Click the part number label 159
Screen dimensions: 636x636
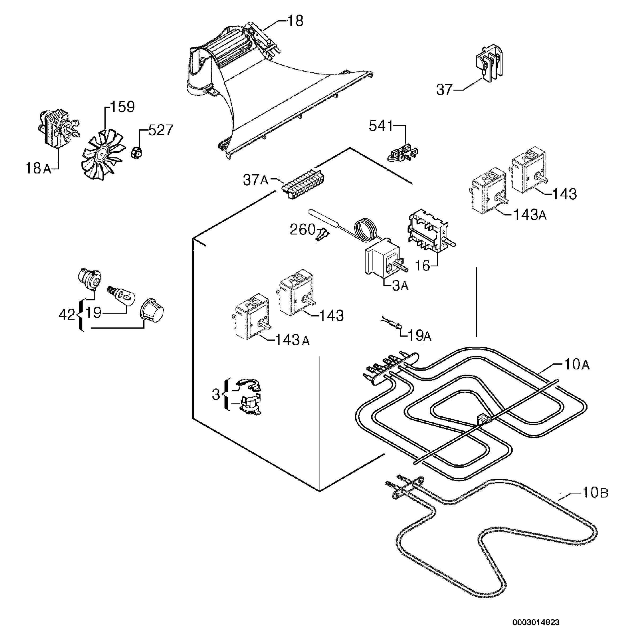(x=122, y=107)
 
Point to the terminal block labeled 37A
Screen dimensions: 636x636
(x=302, y=184)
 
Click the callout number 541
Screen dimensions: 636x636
(x=381, y=126)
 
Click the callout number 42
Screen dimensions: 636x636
(x=67, y=315)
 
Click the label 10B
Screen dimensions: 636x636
(x=595, y=502)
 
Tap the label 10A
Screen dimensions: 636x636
(x=577, y=364)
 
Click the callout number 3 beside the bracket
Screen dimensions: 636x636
(x=216, y=394)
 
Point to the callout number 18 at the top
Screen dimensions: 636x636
(x=295, y=21)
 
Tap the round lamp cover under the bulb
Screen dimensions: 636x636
(x=151, y=310)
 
